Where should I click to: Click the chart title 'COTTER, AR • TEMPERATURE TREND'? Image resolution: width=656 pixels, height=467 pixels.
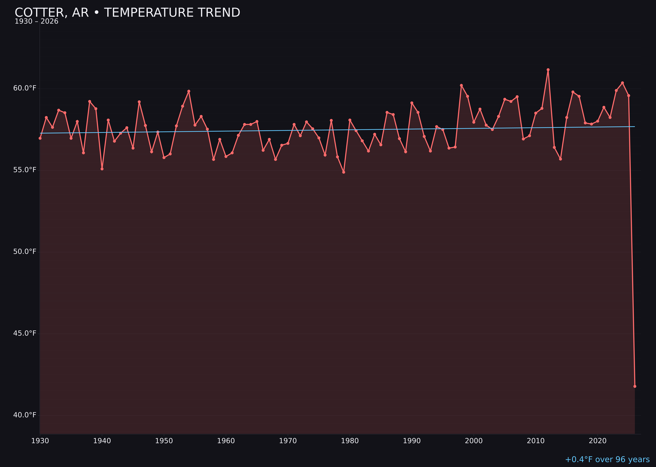127,13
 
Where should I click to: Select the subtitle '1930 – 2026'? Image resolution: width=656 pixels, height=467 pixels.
36,22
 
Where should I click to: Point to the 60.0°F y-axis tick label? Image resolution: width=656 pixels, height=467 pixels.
25,88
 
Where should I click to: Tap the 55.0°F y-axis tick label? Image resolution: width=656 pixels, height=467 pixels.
25,170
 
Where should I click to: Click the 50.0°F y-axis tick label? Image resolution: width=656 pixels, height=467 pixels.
25,252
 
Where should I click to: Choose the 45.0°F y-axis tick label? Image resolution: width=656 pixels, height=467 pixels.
25,333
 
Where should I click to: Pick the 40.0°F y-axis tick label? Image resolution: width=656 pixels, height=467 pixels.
25,415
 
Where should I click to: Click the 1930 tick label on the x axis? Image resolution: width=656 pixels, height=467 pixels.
40,441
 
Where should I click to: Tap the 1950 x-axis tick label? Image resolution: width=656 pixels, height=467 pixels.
164,441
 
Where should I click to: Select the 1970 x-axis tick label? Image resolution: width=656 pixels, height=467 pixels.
288,441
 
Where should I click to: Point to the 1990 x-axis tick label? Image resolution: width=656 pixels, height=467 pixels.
412,441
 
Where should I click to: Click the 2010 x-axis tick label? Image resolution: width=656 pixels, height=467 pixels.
536,441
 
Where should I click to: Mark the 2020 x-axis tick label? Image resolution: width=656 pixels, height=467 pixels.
597,441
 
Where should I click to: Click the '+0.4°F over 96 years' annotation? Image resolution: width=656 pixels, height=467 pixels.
607,459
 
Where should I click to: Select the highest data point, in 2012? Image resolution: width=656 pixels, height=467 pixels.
548,70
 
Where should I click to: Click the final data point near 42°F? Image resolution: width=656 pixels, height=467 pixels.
635,386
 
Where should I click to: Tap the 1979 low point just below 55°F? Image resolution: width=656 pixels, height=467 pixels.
344,172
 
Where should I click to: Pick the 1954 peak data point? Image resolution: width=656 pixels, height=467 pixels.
189,91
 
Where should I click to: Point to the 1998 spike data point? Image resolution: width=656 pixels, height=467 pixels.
461,85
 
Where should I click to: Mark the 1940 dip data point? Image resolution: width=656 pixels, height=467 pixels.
102,169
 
